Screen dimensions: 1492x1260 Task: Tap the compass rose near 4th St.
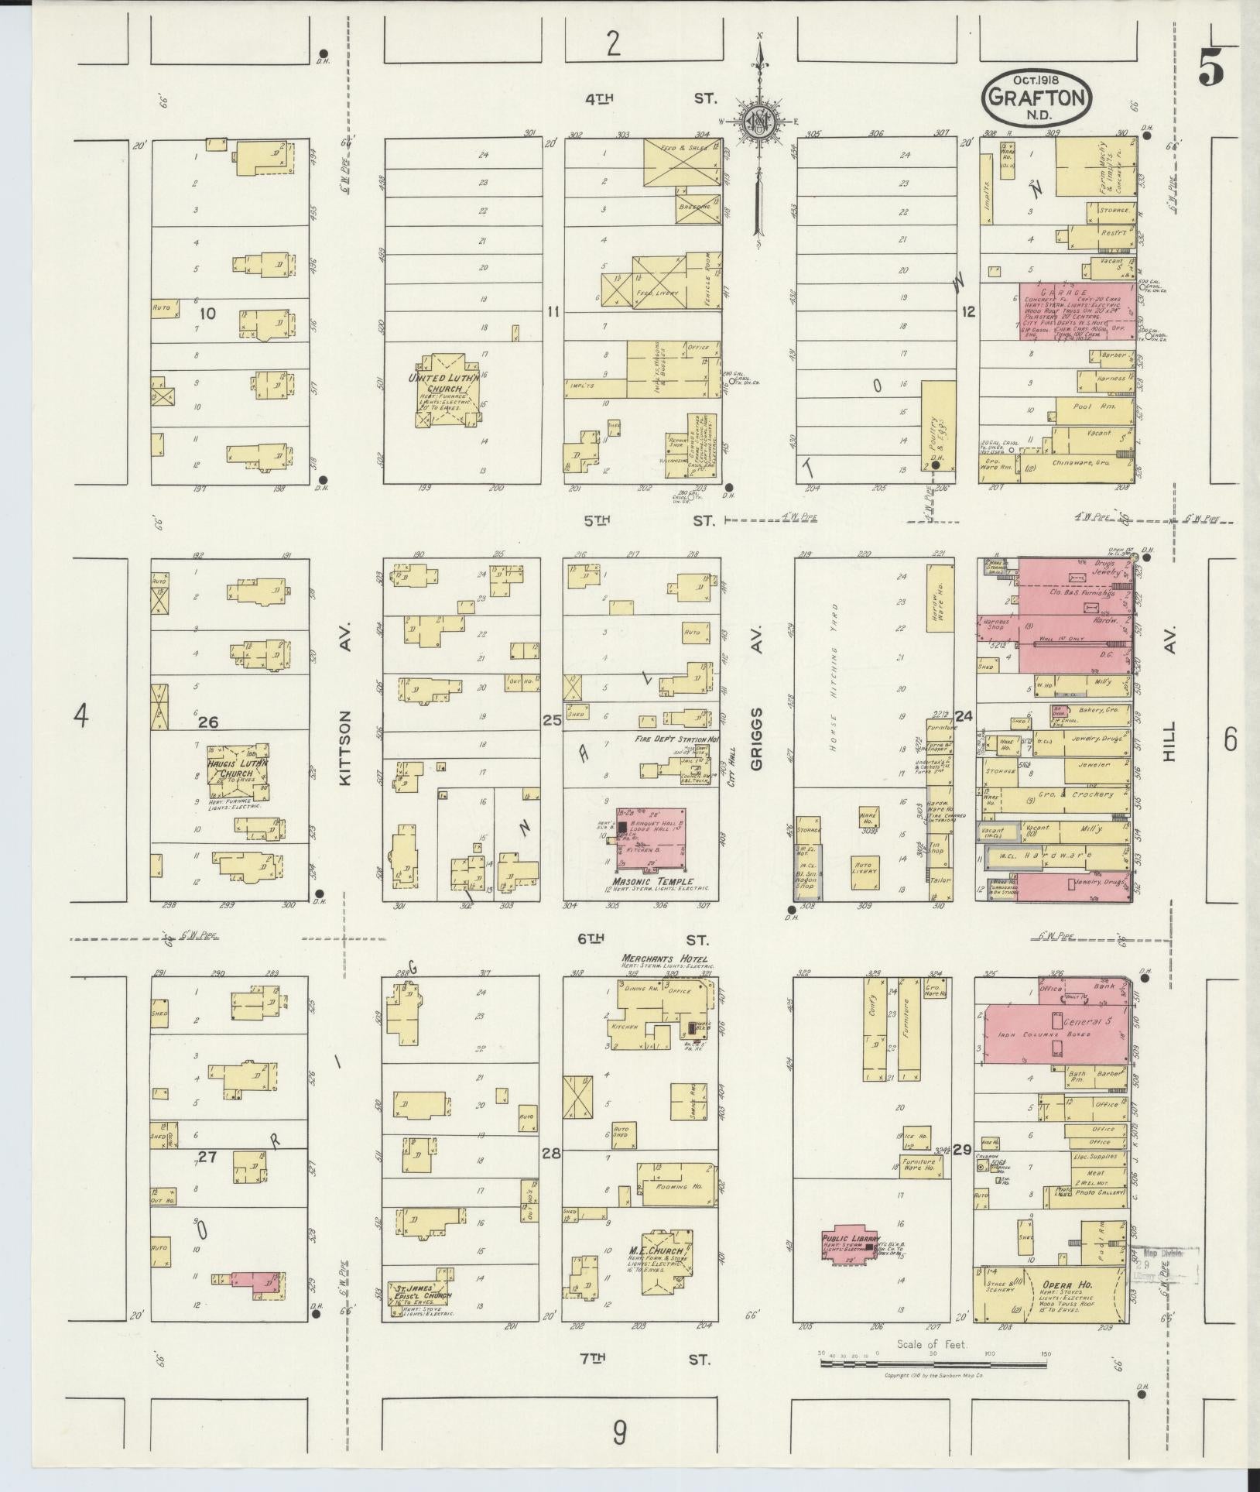pyautogui.click(x=760, y=122)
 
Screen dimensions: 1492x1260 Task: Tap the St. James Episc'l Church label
pyautogui.click(x=419, y=1297)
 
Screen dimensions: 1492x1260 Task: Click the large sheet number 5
pyautogui.click(x=1211, y=70)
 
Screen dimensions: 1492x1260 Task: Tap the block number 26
pyautogui.click(x=207, y=722)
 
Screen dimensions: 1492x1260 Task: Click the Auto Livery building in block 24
pyautogui.click(x=863, y=866)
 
